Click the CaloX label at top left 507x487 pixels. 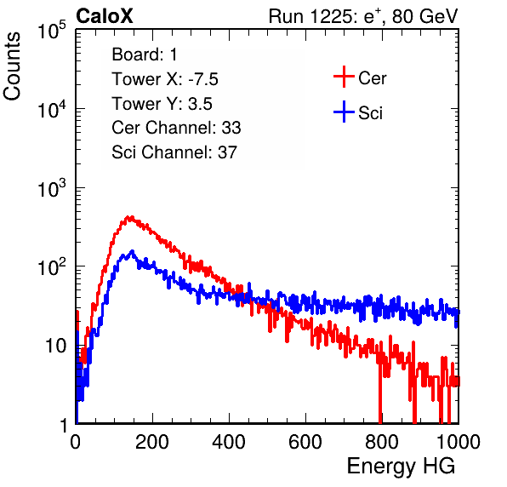105,16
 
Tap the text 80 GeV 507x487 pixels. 424,16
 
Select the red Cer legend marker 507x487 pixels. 344,77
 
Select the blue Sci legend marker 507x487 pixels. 344,112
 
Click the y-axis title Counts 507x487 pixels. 12,66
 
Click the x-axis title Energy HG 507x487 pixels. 401,467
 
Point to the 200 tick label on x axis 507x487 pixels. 152,442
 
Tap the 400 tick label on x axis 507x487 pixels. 229,442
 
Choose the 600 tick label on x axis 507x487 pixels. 305,442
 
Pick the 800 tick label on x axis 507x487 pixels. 382,442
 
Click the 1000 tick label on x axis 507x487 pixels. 459,442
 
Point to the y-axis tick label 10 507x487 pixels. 56,346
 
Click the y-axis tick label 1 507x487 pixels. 63,425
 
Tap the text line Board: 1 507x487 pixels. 145,54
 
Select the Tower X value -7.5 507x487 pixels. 203,79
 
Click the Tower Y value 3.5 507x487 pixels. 200,104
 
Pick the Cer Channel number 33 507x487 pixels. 231,128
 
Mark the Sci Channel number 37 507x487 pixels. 227,152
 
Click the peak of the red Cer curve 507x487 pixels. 130,217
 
